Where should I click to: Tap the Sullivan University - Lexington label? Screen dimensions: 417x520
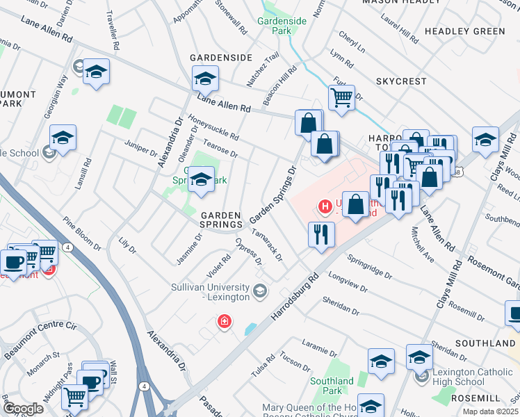click(210, 292)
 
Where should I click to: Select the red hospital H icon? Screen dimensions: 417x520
click(323, 206)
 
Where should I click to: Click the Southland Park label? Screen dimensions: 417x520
click(332, 386)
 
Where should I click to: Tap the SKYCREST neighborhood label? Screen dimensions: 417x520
click(401, 81)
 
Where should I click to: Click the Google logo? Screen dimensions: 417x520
click(23, 409)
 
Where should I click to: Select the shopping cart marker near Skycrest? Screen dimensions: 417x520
click(341, 97)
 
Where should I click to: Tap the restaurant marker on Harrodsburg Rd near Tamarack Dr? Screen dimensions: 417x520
click(321, 234)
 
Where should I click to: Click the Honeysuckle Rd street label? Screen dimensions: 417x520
click(212, 126)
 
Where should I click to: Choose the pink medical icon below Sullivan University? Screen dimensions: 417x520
click(225, 321)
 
